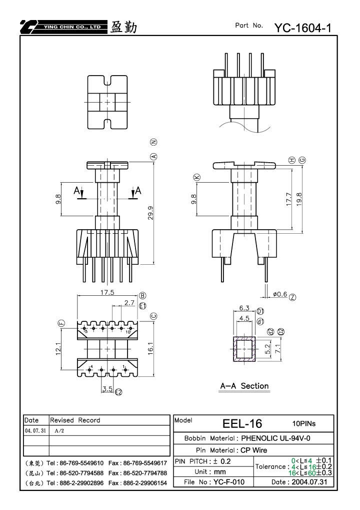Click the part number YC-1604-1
(x=303, y=28)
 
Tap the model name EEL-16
(x=242, y=423)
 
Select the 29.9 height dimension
(x=151, y=213)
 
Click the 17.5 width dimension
(x=107, y=292)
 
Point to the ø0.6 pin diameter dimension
(x=279, y=294)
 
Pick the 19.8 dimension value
(x=299, y=199)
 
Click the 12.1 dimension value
(x=58, y=349)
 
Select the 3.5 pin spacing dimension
(x=107, y=389)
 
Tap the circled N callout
(x=153, y=142)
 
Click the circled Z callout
(x=292, y=297)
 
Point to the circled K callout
(x=197, y=177)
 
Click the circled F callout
(x=61, y=323)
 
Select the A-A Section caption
(x=244, y=386)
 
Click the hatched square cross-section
(x=244, y=349)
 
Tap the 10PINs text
(x=304, y=423)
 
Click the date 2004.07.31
(x=309, y=482)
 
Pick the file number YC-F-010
(x=229, y=482)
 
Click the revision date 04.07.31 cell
(x=35, y=430)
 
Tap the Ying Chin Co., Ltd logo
(x=63, y=27)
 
